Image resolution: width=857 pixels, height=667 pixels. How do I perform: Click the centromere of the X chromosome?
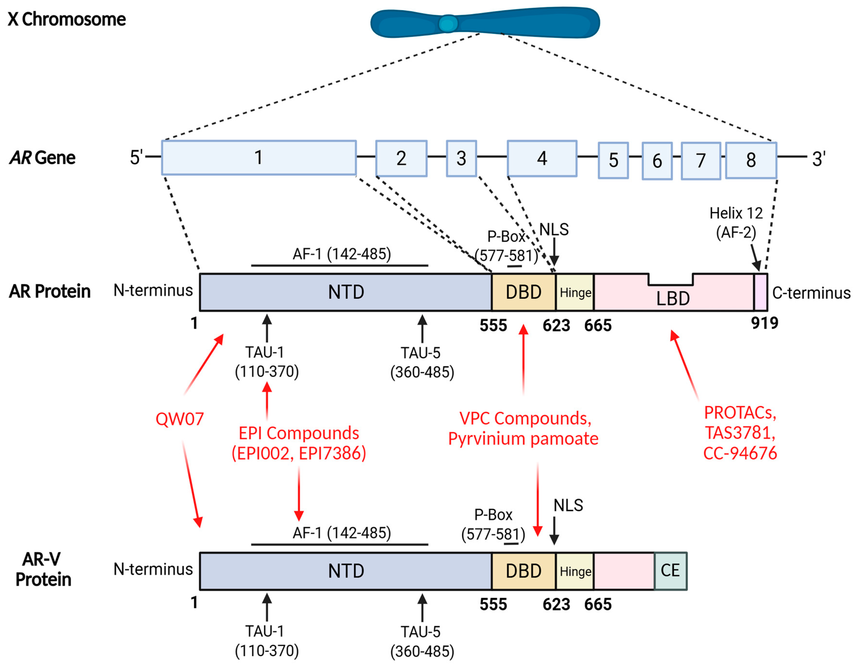(448, 23)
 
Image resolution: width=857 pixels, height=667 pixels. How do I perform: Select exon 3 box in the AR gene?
(461, 159)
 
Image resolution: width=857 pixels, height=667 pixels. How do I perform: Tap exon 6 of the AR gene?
(657, 161)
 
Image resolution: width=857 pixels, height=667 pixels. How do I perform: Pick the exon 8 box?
(751, 160)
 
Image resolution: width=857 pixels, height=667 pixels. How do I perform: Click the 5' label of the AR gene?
(136, 157)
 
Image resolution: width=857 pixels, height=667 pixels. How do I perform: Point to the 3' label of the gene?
(819, 159)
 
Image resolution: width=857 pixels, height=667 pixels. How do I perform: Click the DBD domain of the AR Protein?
(523, 292)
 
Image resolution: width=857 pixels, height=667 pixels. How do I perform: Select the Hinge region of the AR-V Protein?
(575, 571)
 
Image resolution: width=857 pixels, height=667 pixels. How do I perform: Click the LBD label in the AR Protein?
(673, 298)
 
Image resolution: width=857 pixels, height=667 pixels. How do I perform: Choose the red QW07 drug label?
(180, 419)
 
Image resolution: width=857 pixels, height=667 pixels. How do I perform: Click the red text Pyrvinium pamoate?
(523, 439)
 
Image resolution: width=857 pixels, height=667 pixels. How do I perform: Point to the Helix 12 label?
(736, 213)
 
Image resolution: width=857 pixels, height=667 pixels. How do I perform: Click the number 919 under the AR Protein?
(764, 323)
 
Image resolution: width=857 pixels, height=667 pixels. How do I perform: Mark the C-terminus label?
(811, 293)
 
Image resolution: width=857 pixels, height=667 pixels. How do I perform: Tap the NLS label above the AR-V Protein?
(568, 505)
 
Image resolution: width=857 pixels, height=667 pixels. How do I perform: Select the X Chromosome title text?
(67, 19)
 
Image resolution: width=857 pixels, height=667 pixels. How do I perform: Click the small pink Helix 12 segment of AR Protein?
(760, 292)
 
